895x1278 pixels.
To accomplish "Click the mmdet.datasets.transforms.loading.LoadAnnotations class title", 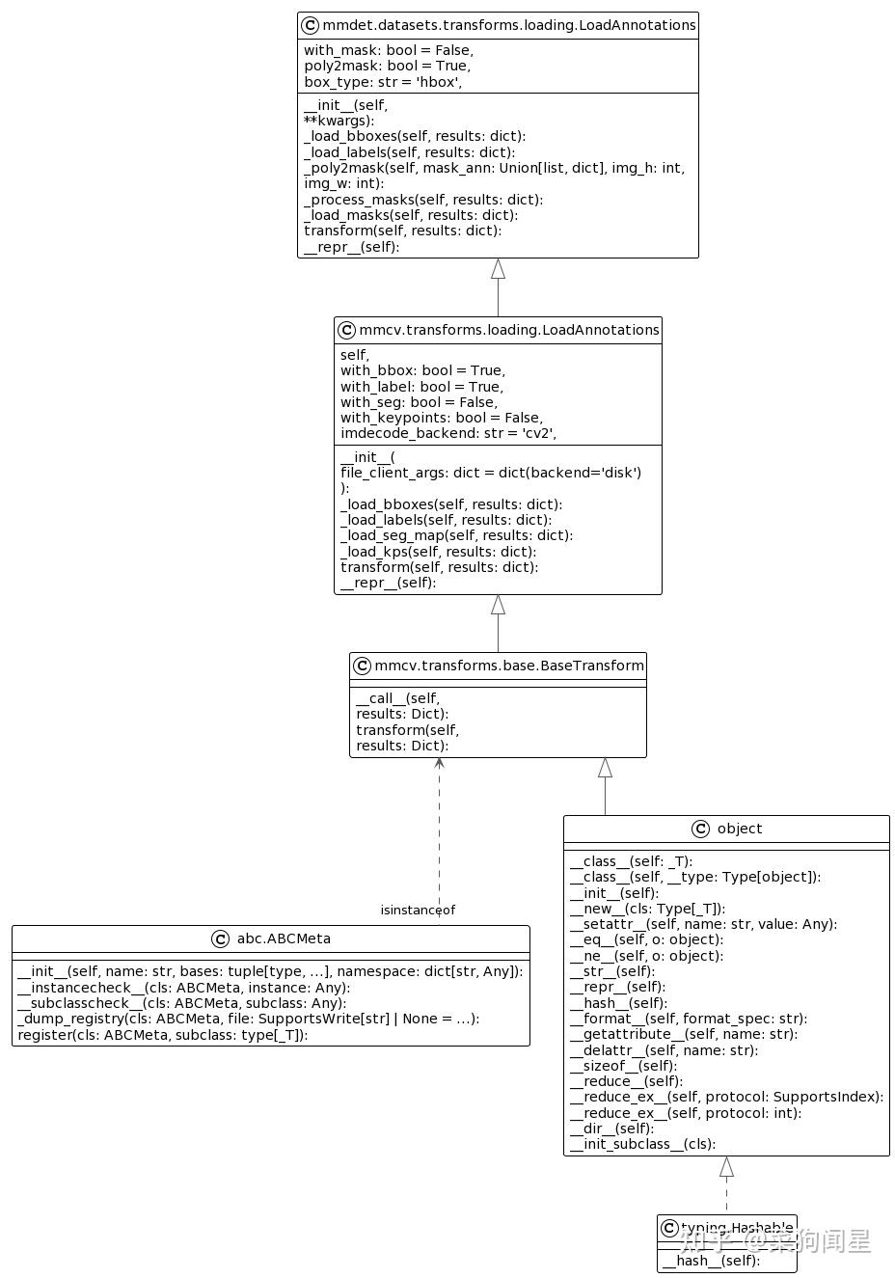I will (508, 25).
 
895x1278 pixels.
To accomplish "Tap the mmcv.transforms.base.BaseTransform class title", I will (508, 666).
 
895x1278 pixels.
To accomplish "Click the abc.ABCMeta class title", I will (284, 938).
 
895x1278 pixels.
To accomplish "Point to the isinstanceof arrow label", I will (418, 910).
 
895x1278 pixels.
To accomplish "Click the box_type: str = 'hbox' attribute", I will (383, 82).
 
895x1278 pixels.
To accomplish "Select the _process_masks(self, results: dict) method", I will (423, 200).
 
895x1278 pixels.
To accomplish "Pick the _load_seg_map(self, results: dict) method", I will (456, 535).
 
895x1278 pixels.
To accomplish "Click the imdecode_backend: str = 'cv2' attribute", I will (448, 433).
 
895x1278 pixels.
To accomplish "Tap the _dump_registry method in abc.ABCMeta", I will (248, 1019).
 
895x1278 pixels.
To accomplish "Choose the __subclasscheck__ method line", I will (181, 1003).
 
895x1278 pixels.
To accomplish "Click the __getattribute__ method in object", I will (684, 1034).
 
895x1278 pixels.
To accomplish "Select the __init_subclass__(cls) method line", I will (642, 1144).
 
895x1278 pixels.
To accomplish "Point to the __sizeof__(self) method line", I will (623, 1066).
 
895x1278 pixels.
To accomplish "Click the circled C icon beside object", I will (701, 829).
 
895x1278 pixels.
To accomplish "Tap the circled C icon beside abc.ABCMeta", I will (220, 939).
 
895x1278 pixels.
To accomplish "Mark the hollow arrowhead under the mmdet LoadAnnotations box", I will (498, 269).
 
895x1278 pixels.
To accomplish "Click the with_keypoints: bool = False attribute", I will (442, 418).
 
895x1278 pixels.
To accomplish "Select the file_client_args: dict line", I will (490, 473).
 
